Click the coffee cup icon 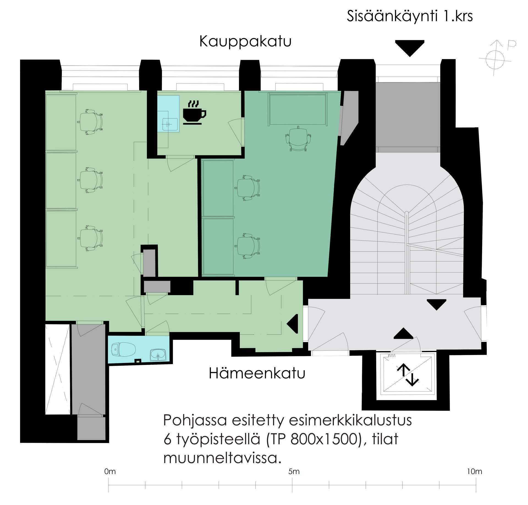click(x=194, y=113)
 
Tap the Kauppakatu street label click(x=245, y=42)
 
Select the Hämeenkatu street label click(x=257, y=373)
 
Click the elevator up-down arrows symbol click(x=408, y=375)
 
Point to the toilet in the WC click(x=123, y=350)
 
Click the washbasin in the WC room click(x=158, y=354)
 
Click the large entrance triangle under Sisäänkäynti click(x=410, y=48)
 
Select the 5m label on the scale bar click(x=294, y=471)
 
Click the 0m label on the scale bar click(x=110, y=471)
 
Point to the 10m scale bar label click(x=474, y=471)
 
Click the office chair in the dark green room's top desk click(x=299, y=138)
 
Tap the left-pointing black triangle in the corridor click(x=292, y=324)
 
